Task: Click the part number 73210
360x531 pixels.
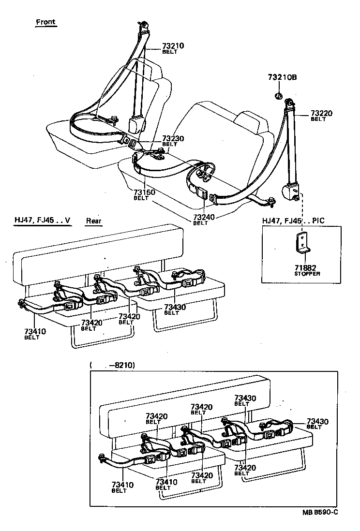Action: coord(173,45)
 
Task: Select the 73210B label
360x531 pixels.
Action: coord(282,77)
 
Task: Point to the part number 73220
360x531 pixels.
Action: coord(322,113)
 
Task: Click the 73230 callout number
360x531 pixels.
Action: coord(173,138)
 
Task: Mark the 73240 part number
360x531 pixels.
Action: coord(204,218)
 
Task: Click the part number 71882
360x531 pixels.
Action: coord(307,268)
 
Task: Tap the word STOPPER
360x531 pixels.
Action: coord(307,274)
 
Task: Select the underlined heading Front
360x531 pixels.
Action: coord(46,22)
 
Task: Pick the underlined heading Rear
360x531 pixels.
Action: coord(94,221)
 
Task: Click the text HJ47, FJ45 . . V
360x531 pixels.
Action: coord(42,221)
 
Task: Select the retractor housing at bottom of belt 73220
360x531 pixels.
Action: coord(293,191)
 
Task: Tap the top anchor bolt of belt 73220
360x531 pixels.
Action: coord(290,103)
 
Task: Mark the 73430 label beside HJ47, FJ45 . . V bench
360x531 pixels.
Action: coord(175,307)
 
